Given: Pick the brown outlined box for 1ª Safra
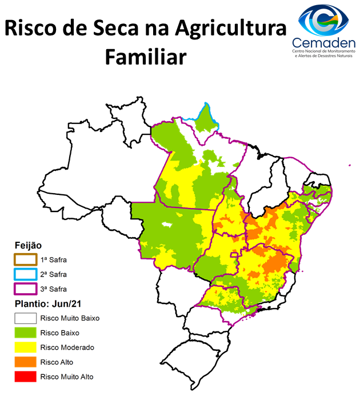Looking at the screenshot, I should (x=25, y=259).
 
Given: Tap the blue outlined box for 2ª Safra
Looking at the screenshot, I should (x=25, y=274).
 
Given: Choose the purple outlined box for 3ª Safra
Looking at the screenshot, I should (x=25, y=289).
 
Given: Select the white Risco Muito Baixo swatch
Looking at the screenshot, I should (x=25, y=318).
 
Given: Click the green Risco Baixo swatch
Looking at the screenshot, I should (x=25, y=333).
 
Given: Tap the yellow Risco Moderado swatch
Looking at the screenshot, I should (x=25, y=347).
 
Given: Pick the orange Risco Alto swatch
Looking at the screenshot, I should (x=25, y=362).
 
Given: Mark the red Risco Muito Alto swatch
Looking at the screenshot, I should (x=25, y=377).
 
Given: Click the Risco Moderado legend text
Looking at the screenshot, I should (x=67, y=347).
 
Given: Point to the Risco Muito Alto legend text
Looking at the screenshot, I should (x=66, y=377).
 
